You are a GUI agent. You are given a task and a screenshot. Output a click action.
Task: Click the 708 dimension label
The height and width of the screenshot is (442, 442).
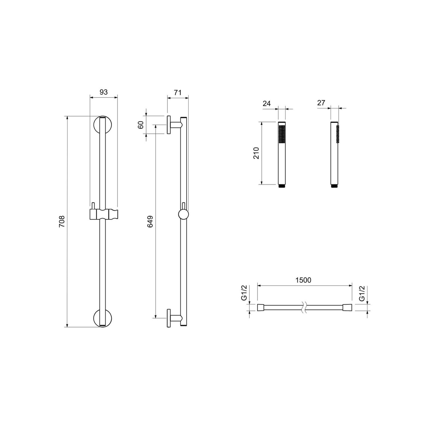point(62,221)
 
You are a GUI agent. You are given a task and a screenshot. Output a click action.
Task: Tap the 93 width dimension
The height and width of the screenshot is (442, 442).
point(103,92)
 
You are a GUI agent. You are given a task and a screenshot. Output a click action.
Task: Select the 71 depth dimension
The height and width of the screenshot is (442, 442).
point(177,92)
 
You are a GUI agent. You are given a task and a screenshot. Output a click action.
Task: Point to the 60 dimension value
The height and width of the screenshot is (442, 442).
point(141,125)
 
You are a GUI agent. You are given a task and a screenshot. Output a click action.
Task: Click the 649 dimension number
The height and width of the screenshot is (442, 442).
point(150,222)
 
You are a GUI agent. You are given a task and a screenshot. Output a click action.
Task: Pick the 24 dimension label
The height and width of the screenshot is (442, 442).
point(267,103)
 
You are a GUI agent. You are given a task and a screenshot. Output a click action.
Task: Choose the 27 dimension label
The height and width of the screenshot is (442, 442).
point(321,103)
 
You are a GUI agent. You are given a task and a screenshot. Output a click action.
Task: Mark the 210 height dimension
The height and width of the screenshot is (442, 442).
point(256,153)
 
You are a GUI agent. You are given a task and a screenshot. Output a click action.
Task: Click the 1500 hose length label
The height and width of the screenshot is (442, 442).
point(304,280)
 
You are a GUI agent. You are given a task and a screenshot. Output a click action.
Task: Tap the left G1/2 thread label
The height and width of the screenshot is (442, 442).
point(244,293)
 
